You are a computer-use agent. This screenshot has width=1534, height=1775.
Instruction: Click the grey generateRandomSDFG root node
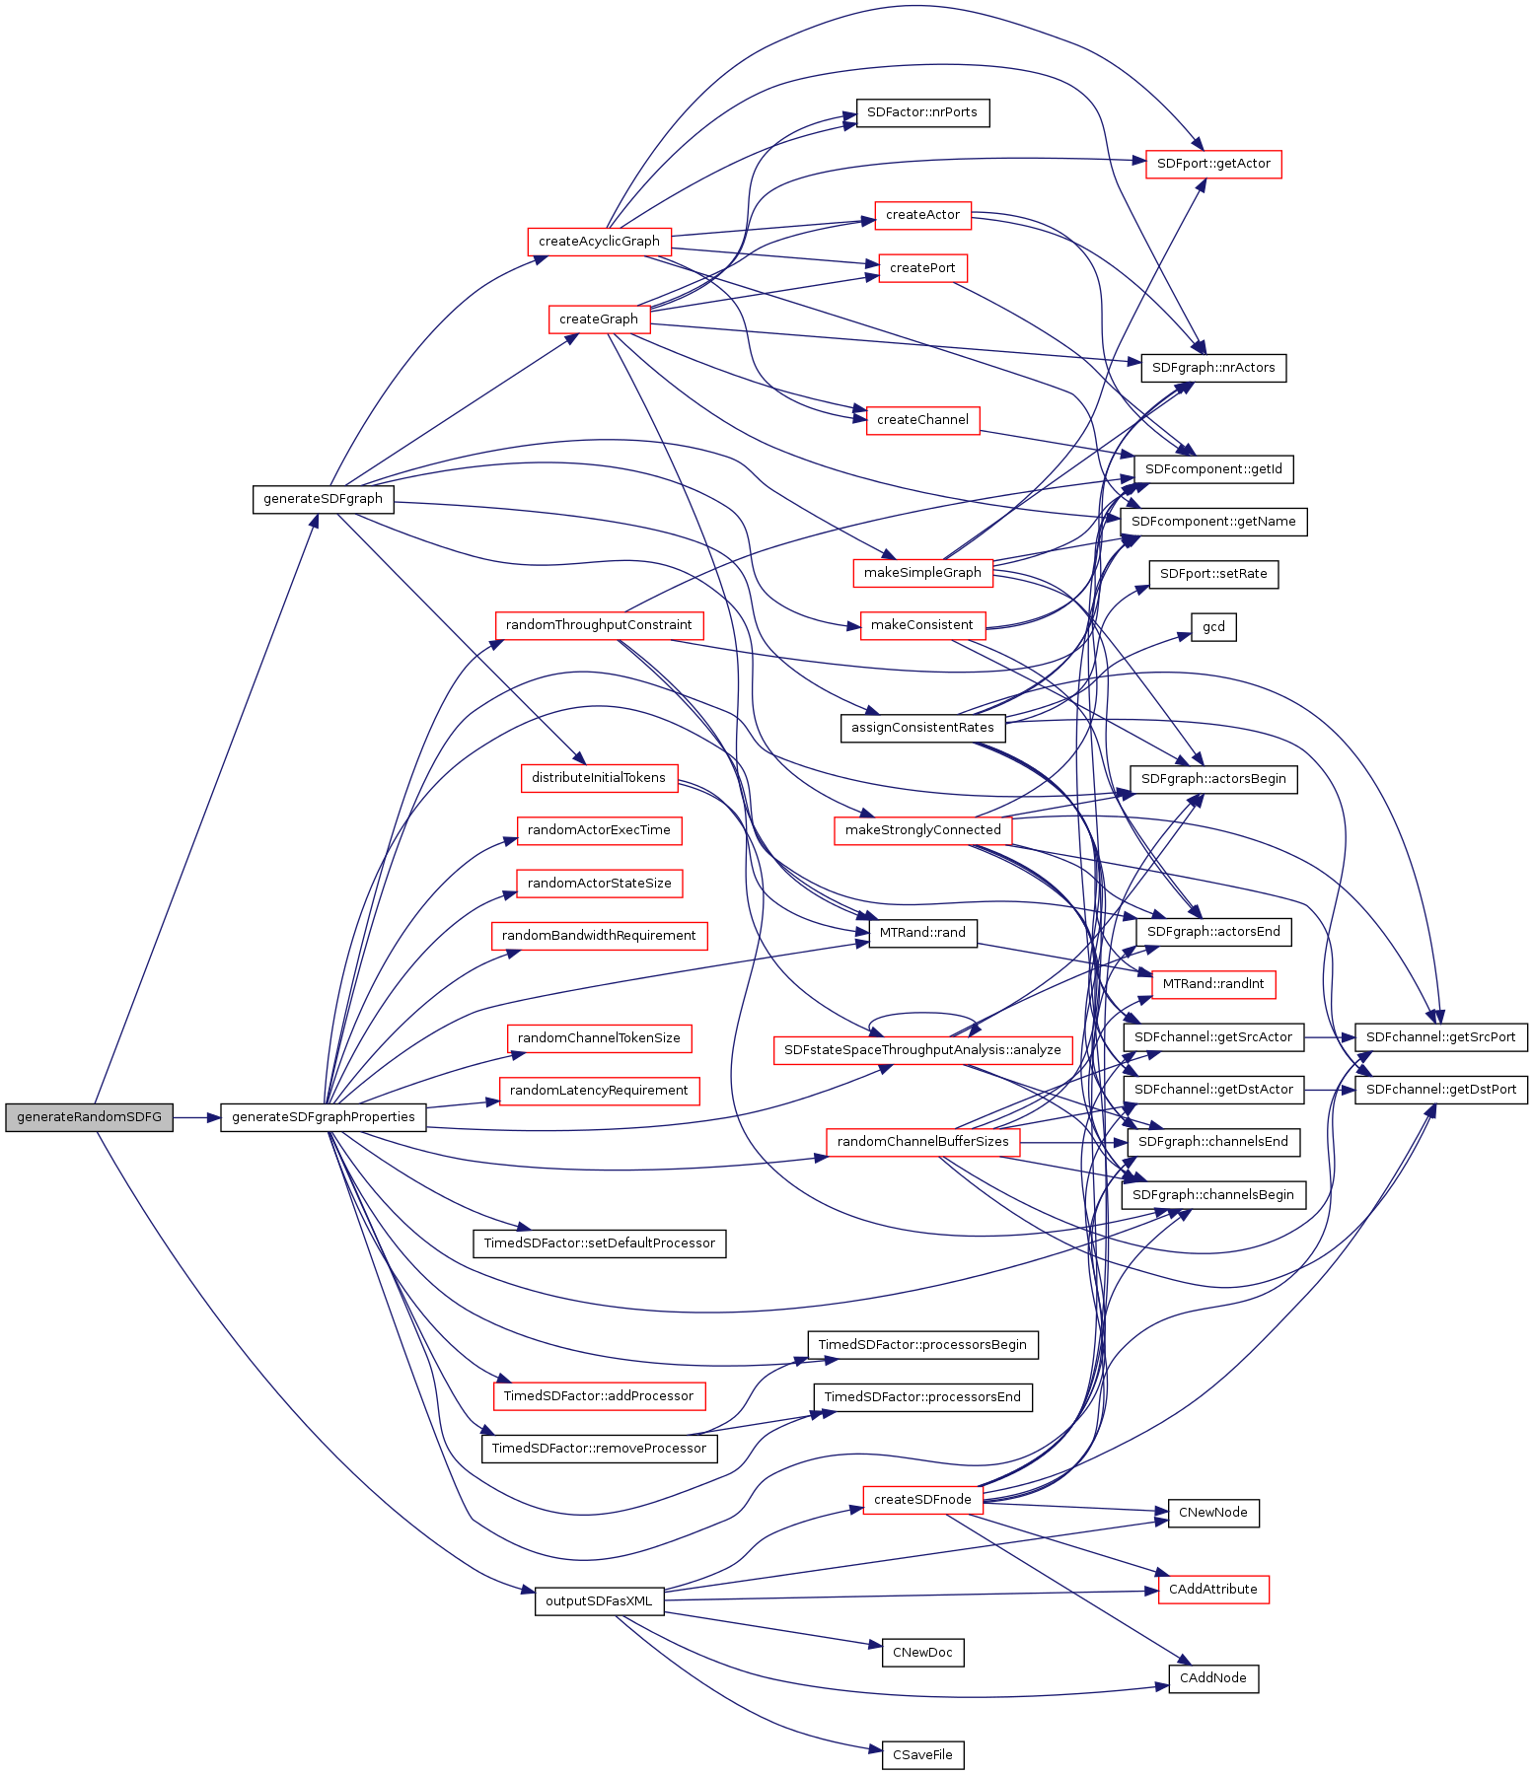coord(89,1117)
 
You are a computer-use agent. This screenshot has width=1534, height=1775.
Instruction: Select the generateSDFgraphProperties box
coord(324,1117)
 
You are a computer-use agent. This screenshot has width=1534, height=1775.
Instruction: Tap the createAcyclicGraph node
coord(599,241)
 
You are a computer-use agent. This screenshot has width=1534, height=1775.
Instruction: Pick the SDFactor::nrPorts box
coord(921,112)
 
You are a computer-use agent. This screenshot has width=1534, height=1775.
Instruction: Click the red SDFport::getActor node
coord(1213,164)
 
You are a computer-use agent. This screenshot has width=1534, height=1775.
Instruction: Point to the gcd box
coord(1213,627)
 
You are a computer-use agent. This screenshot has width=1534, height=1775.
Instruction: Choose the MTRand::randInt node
coord(1213,984)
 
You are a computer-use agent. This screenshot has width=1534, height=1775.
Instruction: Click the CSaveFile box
coord(922,1755)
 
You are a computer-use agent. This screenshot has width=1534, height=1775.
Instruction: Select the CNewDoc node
coord(922,1653)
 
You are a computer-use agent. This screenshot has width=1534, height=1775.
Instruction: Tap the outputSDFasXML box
coord(599,1600)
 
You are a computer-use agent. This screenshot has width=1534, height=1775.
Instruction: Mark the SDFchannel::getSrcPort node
coord(1440,1037)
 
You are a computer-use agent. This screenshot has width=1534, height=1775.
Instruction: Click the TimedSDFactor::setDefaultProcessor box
coord(599,1242)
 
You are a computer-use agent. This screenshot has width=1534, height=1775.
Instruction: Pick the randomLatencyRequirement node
coord(599,1091)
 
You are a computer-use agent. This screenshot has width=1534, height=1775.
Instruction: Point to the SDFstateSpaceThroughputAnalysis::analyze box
coord(922,1050)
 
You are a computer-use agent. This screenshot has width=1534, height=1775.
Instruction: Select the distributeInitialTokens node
coord(599,778)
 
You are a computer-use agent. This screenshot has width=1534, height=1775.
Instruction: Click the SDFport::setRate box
coord(1213,574)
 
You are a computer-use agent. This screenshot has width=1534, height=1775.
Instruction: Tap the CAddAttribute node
coord(1213,1590)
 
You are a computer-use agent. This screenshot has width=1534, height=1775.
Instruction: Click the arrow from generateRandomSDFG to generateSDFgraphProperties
coord(196,1117)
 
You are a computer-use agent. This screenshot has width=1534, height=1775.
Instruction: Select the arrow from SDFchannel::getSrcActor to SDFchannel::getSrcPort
coord(1330,1037)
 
